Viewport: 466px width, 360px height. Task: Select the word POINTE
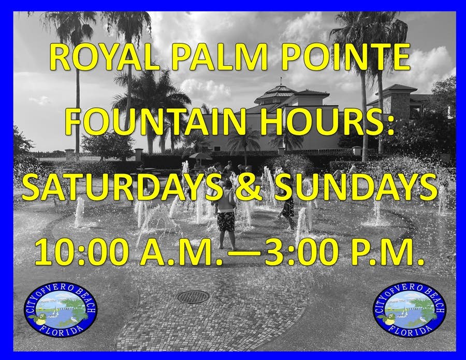point(346,57)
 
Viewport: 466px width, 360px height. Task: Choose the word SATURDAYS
point(122,188)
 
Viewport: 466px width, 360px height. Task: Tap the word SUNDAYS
point(356,188)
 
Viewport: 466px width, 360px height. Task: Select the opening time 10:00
point(82,252)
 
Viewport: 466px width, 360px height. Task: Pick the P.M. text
point(387,252)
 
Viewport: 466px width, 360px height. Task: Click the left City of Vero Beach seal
point(61,309)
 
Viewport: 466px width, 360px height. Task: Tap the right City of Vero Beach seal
point(410,309)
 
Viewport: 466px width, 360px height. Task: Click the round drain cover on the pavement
point(193,297)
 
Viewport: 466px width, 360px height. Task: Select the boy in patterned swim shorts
point(226,214)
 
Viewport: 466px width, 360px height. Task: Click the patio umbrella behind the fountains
point(200,156)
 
